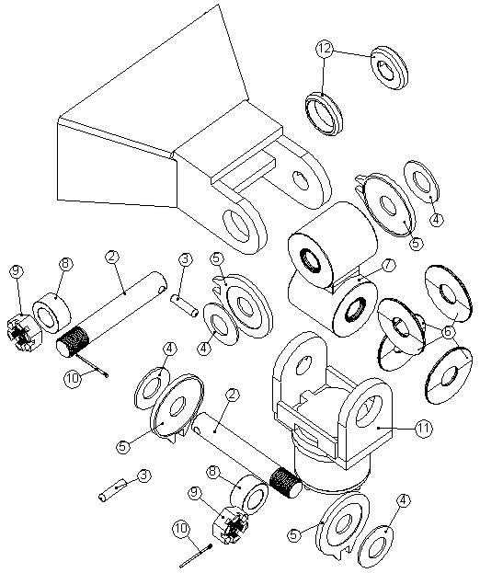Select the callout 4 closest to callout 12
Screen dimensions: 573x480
[x=436, y=219]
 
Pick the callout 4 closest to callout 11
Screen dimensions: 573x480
[x=402, y=502]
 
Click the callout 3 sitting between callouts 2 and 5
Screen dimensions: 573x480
[x=184, y=260]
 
